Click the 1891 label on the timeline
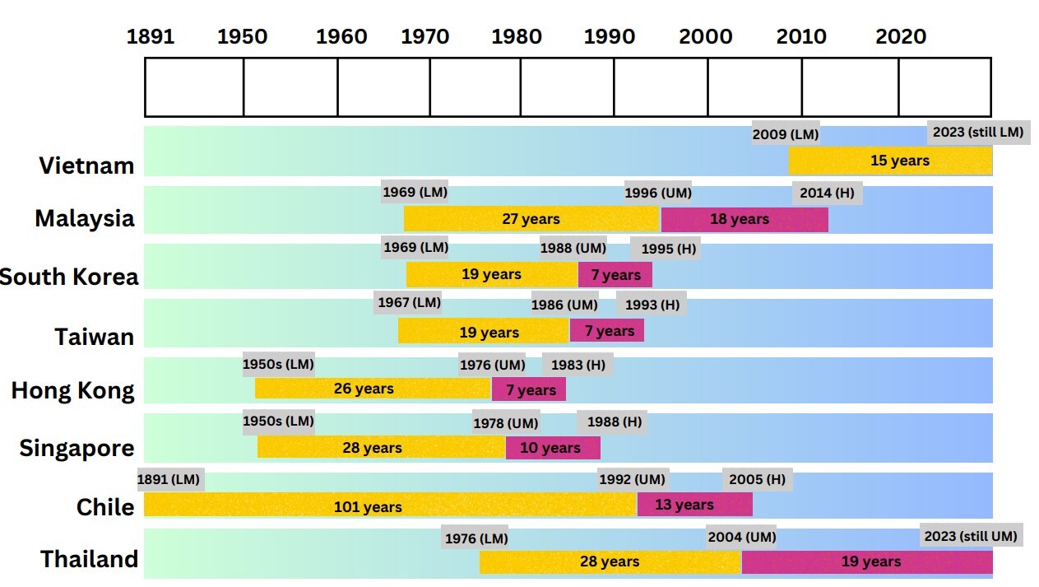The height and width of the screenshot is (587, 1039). [x=151, y=37]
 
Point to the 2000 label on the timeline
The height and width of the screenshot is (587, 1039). [x=706, y=37]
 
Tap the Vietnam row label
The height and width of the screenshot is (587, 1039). [x=86, y=165]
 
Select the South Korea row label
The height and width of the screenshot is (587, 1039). [x=69, y=277]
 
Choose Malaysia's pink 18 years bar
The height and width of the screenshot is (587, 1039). [x=744, y=220]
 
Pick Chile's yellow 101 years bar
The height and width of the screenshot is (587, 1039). [x=390, y=505]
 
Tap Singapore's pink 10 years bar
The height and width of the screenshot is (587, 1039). [x=553, y=448]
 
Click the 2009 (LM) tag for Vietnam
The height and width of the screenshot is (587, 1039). [x=786, y=134]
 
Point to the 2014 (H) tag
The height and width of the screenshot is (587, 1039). [x=828, y=193]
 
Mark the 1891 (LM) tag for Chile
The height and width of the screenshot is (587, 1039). [x=169, y=480]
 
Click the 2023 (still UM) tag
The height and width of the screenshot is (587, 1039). [x=971, y=536]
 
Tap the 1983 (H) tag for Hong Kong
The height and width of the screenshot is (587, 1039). [x=577, y=365]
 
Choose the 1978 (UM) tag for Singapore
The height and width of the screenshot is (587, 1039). [x=506, y=423]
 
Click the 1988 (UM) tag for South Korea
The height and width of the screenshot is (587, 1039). [x=573, y=248]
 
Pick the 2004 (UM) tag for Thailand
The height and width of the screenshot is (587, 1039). [x=741, y=538]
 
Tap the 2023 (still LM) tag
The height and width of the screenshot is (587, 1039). [x=978, y=132]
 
